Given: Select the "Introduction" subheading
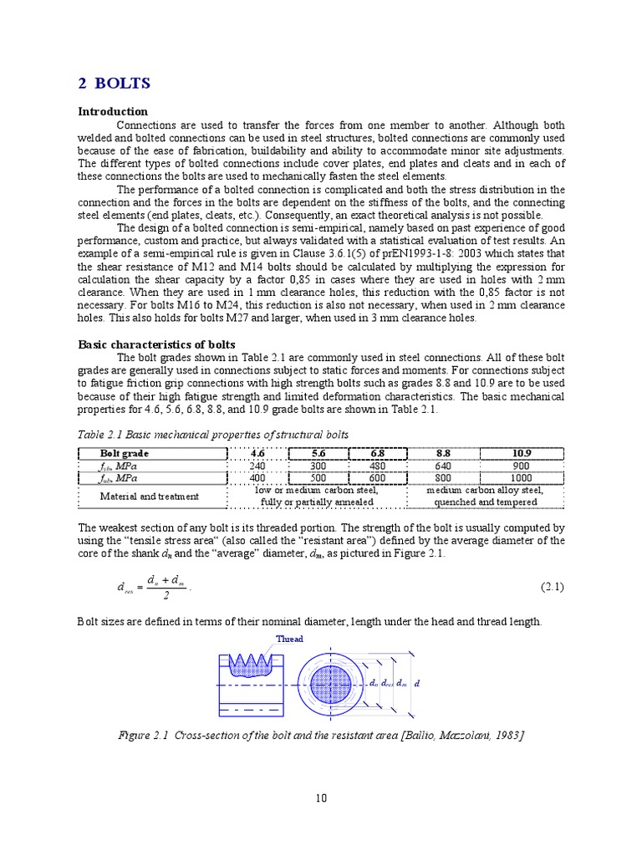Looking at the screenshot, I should click(113, 111).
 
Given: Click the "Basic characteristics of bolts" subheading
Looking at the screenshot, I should click(156, 344).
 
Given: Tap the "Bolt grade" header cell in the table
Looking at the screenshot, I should click(125, 453).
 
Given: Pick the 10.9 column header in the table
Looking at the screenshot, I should click(522, 453).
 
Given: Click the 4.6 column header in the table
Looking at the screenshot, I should click(257, 453).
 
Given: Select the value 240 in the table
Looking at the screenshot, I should click(257, 466).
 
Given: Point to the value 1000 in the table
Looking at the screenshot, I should click(522, 478).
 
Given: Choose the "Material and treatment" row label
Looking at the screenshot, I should click(150, 496).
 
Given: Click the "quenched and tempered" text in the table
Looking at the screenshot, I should click(485, 502).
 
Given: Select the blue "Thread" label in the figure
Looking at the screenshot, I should click(289, 639).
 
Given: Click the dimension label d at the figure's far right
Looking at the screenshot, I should click(417, 684).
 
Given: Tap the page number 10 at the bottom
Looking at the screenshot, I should click(321, 797).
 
